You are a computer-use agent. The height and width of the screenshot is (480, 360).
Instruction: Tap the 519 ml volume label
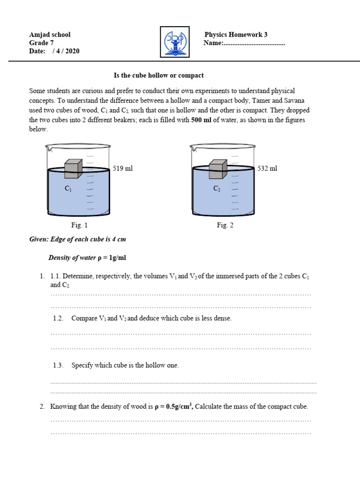(123, 168)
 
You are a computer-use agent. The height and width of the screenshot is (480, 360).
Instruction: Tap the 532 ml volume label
(267, 168)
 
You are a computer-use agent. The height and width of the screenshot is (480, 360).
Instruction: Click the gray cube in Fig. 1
(73, 169)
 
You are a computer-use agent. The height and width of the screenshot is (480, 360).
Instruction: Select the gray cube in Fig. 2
(217, 169)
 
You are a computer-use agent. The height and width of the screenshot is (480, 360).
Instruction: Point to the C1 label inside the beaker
(69, 188)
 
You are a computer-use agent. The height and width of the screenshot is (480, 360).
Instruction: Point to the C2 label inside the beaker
(217, 188)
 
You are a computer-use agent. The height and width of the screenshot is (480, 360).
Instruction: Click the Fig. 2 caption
(225, 225)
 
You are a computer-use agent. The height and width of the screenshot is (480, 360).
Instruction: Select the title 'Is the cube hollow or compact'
(159, 75)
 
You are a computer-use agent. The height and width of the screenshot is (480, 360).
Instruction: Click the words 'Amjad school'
(50, 35)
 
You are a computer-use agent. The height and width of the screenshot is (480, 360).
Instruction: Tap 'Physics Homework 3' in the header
(236, 35)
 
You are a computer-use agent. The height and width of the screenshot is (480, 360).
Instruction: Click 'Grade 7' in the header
(42, 43)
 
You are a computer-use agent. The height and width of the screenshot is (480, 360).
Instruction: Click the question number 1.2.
(58, 318)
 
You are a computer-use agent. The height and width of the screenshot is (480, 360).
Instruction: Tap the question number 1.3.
(58, 365)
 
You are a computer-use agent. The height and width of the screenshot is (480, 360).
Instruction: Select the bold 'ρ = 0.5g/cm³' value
(173, 406)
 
